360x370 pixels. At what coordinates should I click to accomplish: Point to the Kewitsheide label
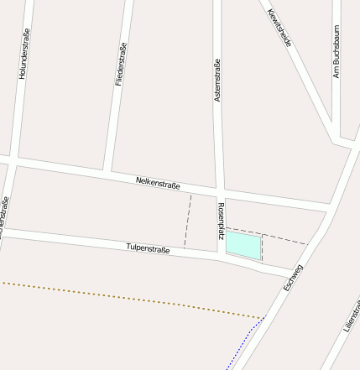click(279, 27)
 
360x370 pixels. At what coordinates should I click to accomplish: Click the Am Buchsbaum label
click(337, 51)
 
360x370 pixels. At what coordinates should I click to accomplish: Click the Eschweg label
click(293, 278)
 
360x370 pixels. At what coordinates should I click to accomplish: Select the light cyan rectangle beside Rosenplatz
click(243, 245)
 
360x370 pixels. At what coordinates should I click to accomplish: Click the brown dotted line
click(126, 298)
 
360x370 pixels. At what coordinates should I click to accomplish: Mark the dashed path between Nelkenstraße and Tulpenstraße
click(188, 221)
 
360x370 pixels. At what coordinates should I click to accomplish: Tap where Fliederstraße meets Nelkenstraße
click(108, 170)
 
